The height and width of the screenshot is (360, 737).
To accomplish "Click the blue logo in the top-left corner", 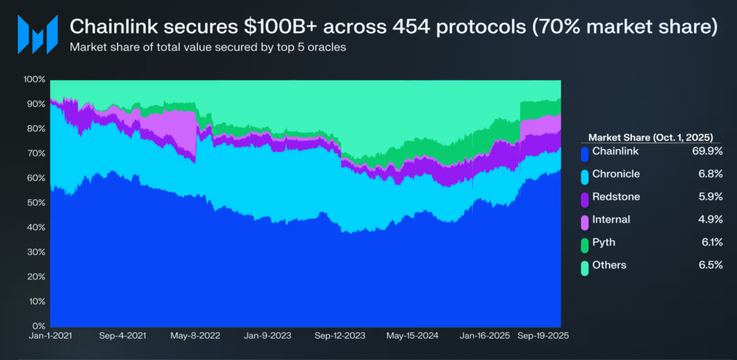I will pos(37,34).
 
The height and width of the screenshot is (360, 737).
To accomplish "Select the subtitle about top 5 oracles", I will pos(207,47).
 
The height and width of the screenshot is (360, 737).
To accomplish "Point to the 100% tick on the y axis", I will pos(34,79).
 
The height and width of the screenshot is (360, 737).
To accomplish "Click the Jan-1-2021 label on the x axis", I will pos(51,336).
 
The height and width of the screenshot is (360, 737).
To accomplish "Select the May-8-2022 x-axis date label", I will pos(196,336).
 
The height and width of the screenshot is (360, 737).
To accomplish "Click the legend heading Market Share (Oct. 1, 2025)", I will pos(651,138).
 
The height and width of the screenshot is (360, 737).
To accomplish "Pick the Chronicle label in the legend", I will pos(616,174).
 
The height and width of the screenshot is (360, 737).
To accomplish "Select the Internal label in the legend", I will pos(611,219).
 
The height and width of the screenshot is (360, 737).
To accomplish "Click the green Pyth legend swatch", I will pos(584,245).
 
